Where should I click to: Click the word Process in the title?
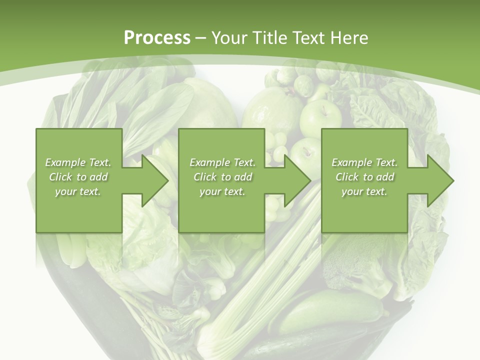(x=157, y=38)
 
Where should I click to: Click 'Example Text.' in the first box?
(x=78, y=162)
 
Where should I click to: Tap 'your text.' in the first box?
(x=78, y=191)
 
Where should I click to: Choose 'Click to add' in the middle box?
(x=222, y=177)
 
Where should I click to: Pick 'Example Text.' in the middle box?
(x=222, y=162)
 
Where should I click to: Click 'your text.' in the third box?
(x=364, y=191)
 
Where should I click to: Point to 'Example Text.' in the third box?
(x=364, y=162)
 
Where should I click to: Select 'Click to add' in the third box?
(x=364, y=177)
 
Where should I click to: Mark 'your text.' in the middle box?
(x=222, y=191)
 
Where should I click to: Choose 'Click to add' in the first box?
(x=78, y=177)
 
